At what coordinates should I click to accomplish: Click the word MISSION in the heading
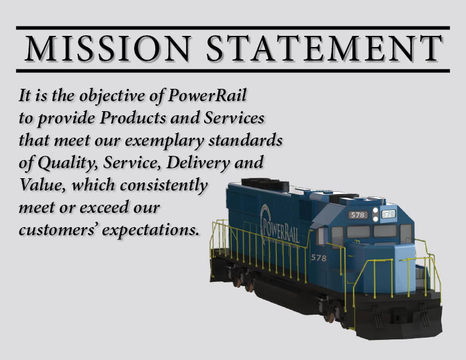point(108,48)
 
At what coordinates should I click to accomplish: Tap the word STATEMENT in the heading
point(324,48)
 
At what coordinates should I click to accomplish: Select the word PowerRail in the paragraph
point(207,95)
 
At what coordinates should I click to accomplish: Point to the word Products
point(133,118)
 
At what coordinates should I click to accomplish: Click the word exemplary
point(164,141)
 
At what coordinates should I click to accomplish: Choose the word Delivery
point(198,163)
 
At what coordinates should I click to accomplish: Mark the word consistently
point(164,185)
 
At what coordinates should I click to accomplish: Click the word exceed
point(104,207)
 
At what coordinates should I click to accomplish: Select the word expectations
point(151,230)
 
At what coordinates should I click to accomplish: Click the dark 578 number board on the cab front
point(358,215)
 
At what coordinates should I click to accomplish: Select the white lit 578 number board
point(388,214)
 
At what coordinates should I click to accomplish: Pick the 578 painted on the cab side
point(318,258)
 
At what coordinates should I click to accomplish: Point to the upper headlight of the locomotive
point(375,211)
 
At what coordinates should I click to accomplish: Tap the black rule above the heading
point(233,28)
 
